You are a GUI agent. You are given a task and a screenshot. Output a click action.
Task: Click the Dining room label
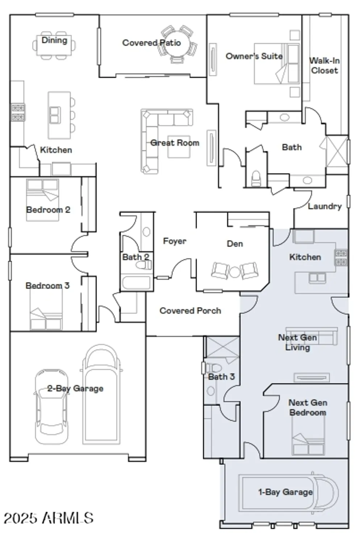54,40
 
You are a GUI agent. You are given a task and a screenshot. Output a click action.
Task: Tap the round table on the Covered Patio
177,43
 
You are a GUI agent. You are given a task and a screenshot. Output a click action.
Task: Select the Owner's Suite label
254,56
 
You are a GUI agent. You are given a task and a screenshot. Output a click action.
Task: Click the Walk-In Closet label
324,66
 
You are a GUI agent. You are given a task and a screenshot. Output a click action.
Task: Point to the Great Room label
175,143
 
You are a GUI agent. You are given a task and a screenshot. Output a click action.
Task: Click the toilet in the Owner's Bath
256,178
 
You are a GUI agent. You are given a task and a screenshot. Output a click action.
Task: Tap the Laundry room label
325,206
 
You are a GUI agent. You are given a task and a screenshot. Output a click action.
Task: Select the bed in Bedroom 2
42,200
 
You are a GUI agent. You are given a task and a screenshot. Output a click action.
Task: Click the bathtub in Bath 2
136,282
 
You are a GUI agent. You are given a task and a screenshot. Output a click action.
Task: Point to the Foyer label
175,241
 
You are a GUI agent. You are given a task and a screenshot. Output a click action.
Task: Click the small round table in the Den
235,271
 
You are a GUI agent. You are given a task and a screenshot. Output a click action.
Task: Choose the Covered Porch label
190,311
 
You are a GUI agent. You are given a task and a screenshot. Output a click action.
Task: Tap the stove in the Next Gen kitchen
341,257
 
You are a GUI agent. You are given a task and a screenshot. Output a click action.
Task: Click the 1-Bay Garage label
285,492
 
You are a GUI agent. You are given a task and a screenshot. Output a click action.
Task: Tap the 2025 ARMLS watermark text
49,518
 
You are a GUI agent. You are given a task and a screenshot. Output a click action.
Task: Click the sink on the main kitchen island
55,115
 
